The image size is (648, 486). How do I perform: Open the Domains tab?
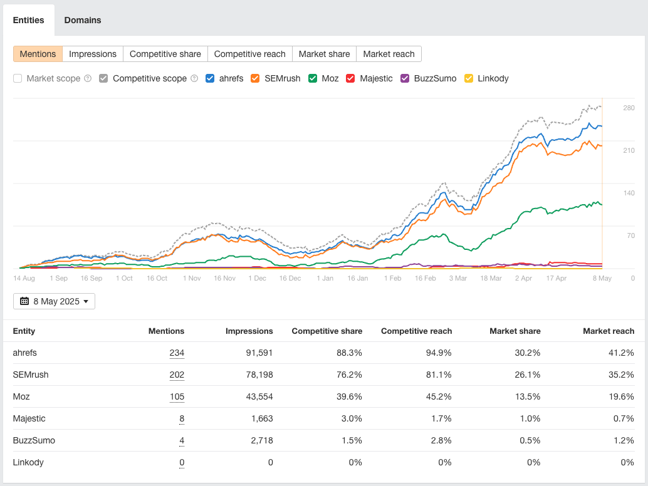pyautogui.click(x=83, y=20)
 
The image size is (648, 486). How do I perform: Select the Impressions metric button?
pyautogui.click(x=93, y=54)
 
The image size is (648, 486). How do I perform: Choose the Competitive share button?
pyautogui.click(x=165, y=54)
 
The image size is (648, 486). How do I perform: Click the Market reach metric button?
pyautogui.click(x=389, y=54)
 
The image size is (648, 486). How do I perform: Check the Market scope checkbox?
pyautogui.click(x=18, y=78)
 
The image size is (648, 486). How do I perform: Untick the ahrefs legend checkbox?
pyautogui.click(x=211, y=78)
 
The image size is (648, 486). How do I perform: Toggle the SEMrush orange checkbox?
pyautogui.click(x=255, y=78)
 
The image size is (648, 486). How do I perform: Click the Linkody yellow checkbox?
pyautogui.click(x=469, y=78)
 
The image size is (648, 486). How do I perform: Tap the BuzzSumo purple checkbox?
pyautogui.click(x=405, y=78)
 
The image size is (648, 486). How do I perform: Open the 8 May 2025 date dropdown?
pyautogui.click(x=54, y=301)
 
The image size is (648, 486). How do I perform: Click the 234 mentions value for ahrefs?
pyautogui.click(x=177, y=353)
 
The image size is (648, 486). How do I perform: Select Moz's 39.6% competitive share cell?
pyautogui.click(x=350, y=396)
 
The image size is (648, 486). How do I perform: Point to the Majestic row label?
pyautogui.click(x=29, y=418)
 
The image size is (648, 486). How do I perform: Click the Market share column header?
pyautogui.click(x=515, y=331)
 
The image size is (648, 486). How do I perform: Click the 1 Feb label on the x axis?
pyautogui.click(x=393, y=278)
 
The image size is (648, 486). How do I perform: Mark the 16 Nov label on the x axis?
pyautogui.click(x=224, y=278)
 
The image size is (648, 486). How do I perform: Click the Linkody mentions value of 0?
pyautogui.click(x=182, y=462)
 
